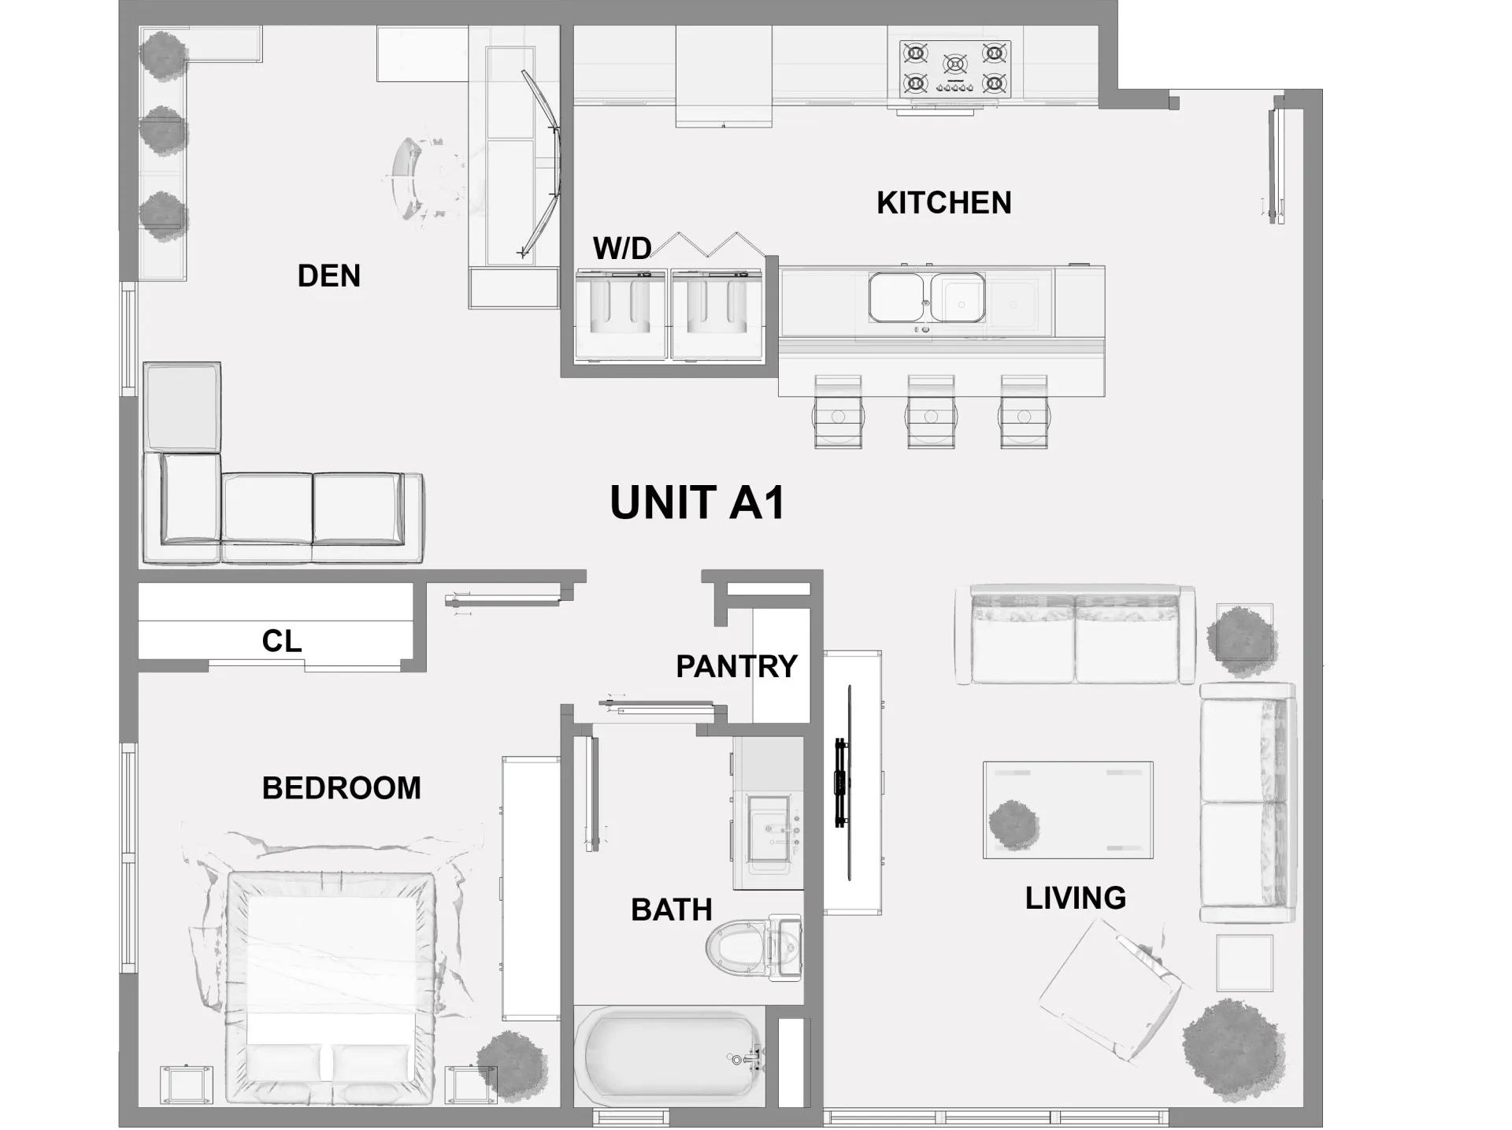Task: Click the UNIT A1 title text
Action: [x=697, y=502]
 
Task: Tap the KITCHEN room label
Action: [x=943, y=203]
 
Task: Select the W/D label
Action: [x=621, y=249]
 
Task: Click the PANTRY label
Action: [x=736, y=666]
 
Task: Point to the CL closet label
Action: [x=281, y=641]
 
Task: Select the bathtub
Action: [x=667, y=1055]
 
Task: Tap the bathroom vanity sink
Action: [x=768, y=835]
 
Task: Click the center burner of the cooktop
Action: [x=954, y=65]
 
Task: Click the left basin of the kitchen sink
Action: [x=896, y=298]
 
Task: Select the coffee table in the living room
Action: [x=1068, y=810]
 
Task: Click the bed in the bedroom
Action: [x=331, y=984]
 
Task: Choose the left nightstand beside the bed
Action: [x=186, y=1084]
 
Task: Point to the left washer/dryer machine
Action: [x=621, y=313]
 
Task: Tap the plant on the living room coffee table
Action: [x=1014, y=824]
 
